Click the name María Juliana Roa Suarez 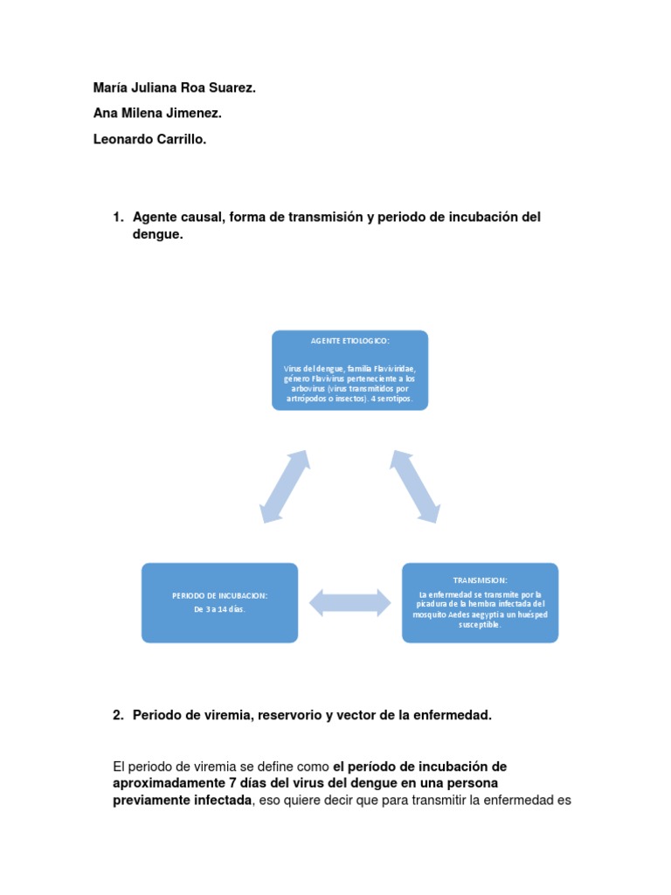pos(174,88)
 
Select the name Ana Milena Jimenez pos(157,114)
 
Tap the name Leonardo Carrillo pos(150,138)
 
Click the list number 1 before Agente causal pos(118,217)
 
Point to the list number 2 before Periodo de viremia pos(118,715)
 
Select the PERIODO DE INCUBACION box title pos(219,595)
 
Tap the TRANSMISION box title pos(480,580)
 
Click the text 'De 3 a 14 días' pos(219,608)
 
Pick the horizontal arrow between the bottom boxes pos(349,602)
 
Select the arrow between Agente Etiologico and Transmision pos(414,486)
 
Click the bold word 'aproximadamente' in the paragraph pos(165,783)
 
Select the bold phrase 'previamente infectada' pos(183,800)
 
